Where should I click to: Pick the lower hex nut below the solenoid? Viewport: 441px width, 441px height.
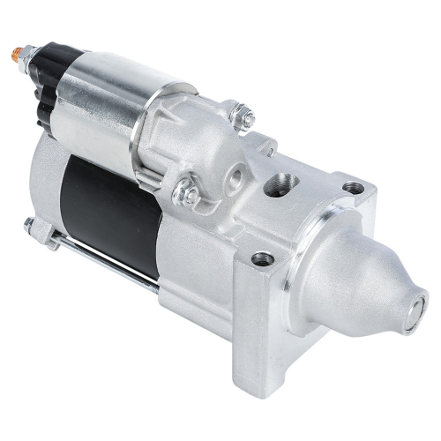(186, 189)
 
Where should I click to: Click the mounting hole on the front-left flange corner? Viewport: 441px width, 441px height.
(262, 258)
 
